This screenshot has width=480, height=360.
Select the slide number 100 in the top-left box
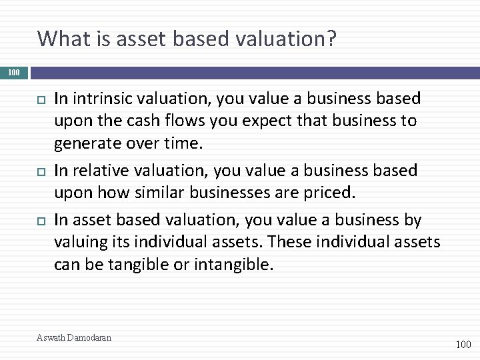(14, 72)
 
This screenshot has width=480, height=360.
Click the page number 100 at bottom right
(462, 345)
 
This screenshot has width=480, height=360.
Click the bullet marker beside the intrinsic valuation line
(40, 99)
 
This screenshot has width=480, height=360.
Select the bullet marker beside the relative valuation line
(40, 171)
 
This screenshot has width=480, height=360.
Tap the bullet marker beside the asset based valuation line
(40, 219)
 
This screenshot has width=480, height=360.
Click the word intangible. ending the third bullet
(233, 265)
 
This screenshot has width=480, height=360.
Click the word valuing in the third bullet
(79, 242)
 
